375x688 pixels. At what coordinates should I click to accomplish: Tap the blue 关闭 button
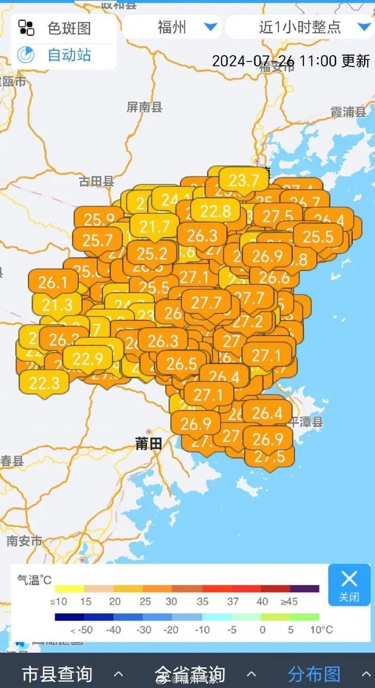[349, 585]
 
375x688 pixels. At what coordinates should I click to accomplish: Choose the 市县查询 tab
[57, 674]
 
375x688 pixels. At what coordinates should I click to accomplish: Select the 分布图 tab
[314, 674]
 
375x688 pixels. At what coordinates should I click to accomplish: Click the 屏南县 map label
[145, 107]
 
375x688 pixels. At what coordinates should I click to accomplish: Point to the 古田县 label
[96, 182]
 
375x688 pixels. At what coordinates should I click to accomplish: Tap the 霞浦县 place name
[348, 113]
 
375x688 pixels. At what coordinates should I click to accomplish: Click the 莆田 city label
[148, 444]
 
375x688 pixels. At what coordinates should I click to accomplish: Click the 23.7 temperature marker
[244, 179]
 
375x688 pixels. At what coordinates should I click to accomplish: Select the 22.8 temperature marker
[215, 210]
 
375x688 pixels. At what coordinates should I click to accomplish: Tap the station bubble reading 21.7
[155, 226]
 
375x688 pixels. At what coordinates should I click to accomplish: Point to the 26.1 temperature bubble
[53, 282]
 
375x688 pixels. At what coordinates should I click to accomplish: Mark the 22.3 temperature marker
[44, 383]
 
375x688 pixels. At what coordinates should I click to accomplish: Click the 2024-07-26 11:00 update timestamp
[291, 60]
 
